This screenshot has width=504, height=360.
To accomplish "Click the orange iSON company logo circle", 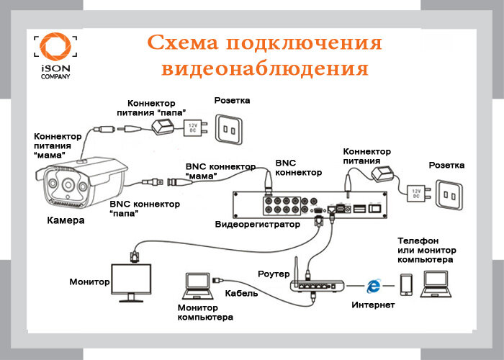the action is coord(55,46).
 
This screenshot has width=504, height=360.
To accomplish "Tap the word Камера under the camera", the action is coord(66,220).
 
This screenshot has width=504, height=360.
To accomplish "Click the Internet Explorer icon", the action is coord(373,286).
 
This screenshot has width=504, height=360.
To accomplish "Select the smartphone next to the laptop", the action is coord(406,285).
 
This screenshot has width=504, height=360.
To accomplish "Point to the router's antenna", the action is coord(296,269).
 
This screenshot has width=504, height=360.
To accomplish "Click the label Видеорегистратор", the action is coord(258,224).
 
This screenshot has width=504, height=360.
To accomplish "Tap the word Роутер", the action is coord(274,274).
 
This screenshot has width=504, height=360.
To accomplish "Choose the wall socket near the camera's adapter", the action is coord(229,129).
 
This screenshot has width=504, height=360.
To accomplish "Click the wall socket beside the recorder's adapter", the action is coord(449,194).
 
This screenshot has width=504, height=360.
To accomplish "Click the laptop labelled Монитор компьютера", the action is coord(198,286).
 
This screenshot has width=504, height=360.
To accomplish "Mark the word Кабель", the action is coord(241,293).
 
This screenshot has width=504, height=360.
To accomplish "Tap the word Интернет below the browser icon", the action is coord(373,305).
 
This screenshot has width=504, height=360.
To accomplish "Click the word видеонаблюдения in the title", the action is coord(264,69).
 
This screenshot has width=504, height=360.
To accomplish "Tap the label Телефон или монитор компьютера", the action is coord(426,250).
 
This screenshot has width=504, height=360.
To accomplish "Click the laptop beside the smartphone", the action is coord(436,284).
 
